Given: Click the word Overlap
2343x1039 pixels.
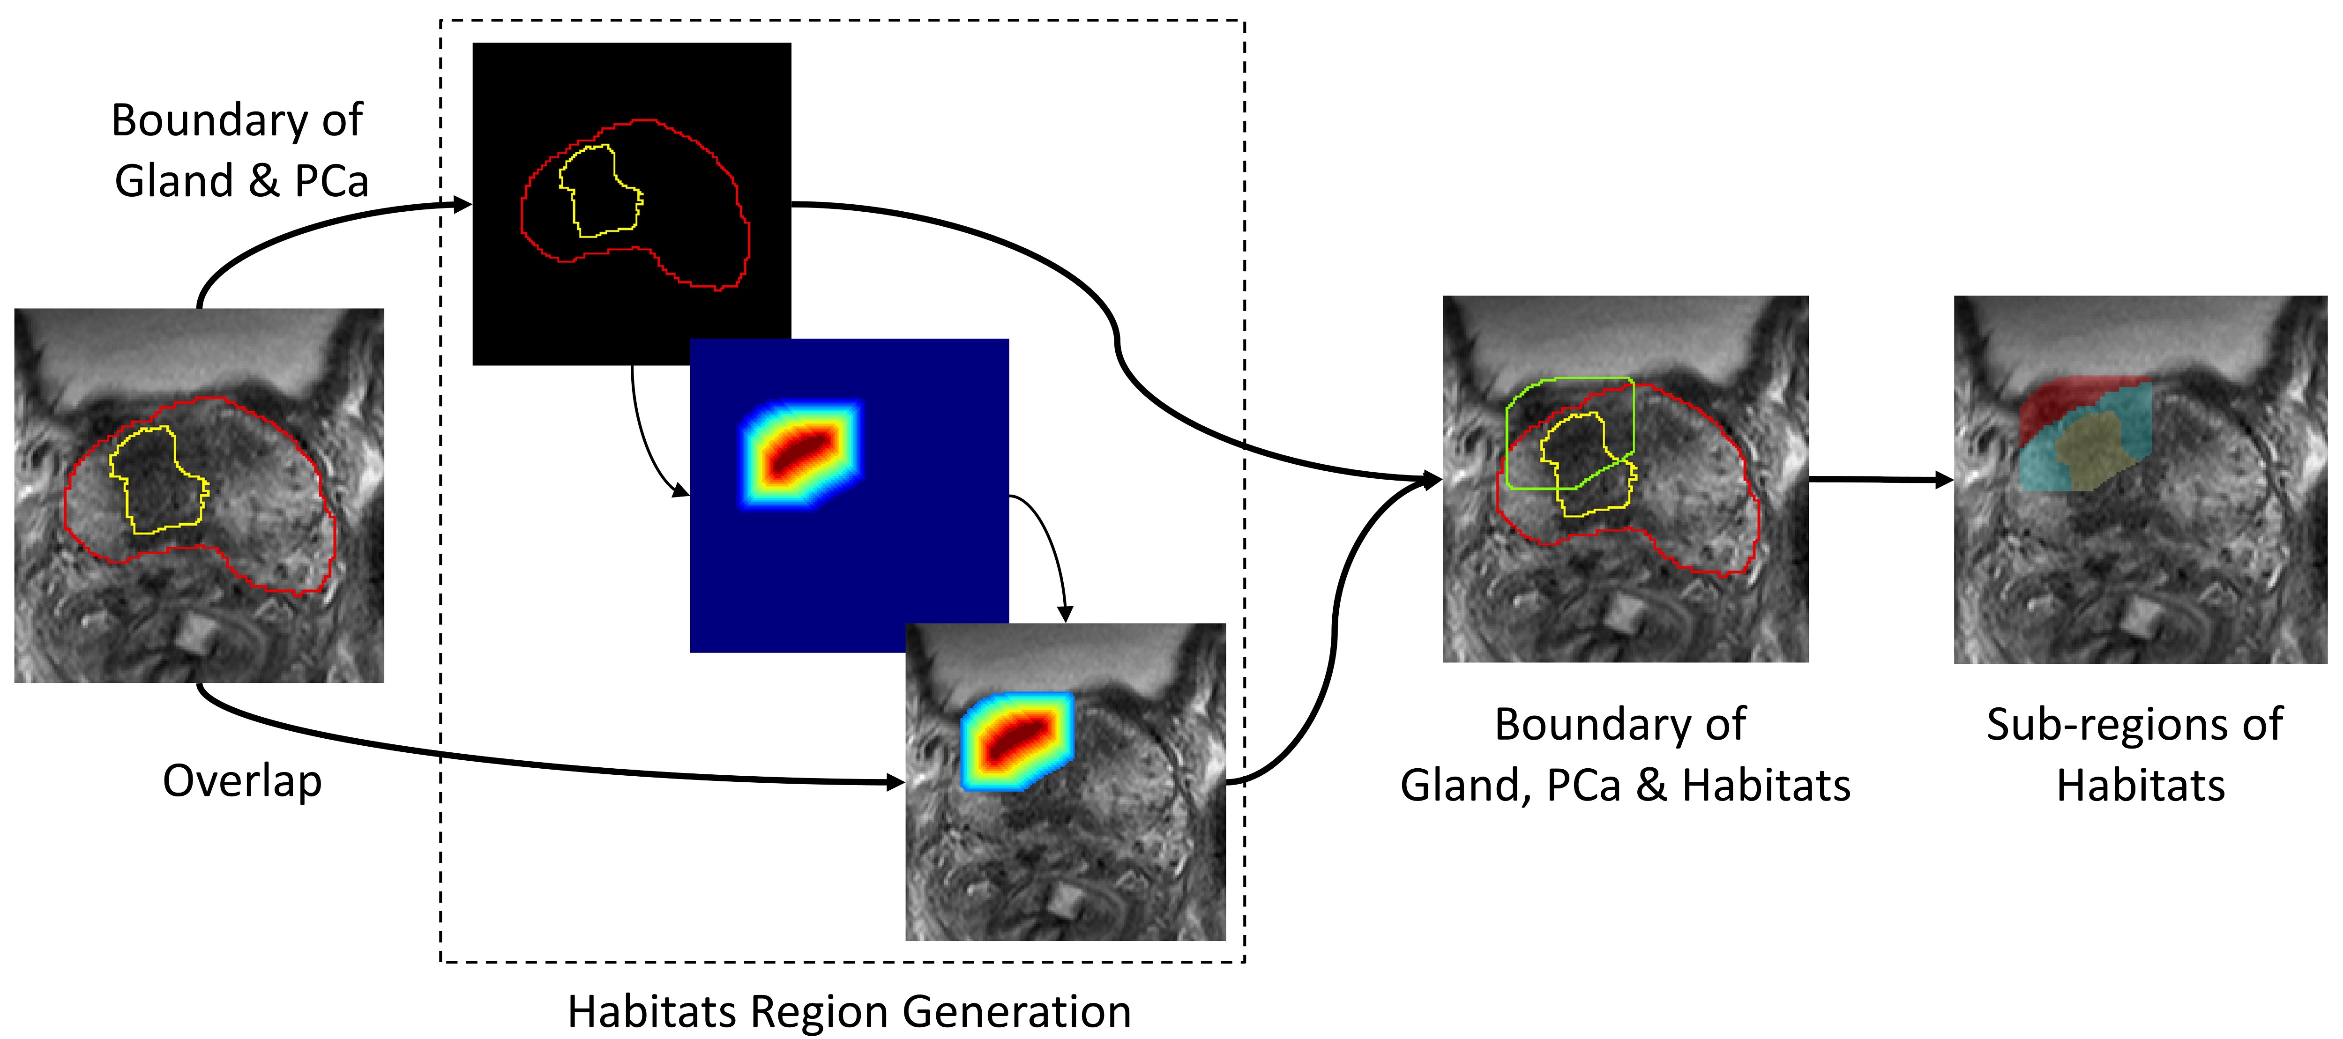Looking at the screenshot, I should (242, 781).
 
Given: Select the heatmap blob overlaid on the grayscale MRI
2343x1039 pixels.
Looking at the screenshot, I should (1017, 738).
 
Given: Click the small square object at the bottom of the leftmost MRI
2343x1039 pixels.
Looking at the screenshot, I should (193, 632).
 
